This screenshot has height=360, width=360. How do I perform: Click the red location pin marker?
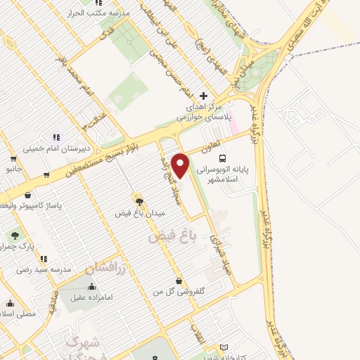(181, 165)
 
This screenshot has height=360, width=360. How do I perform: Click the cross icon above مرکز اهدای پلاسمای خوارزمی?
(204, 96)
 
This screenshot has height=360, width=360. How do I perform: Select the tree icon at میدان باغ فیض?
(139, 200)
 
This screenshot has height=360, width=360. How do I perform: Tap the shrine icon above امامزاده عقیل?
(93, 287)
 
